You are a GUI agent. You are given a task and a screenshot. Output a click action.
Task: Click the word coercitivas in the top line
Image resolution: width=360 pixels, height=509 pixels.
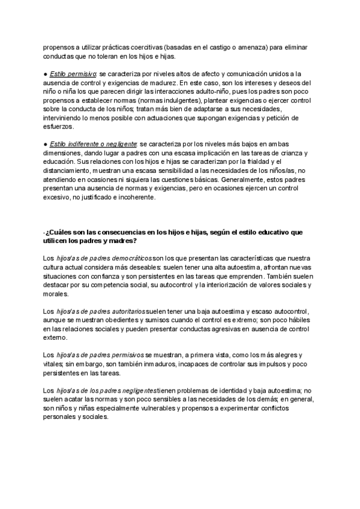pos(144,47)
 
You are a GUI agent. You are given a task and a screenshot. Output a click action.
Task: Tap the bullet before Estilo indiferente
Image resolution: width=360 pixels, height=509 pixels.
pos(46,145)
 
